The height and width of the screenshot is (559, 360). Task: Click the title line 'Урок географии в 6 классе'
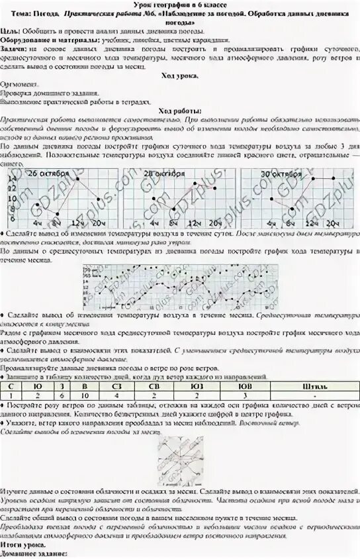(x=180, y=5)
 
